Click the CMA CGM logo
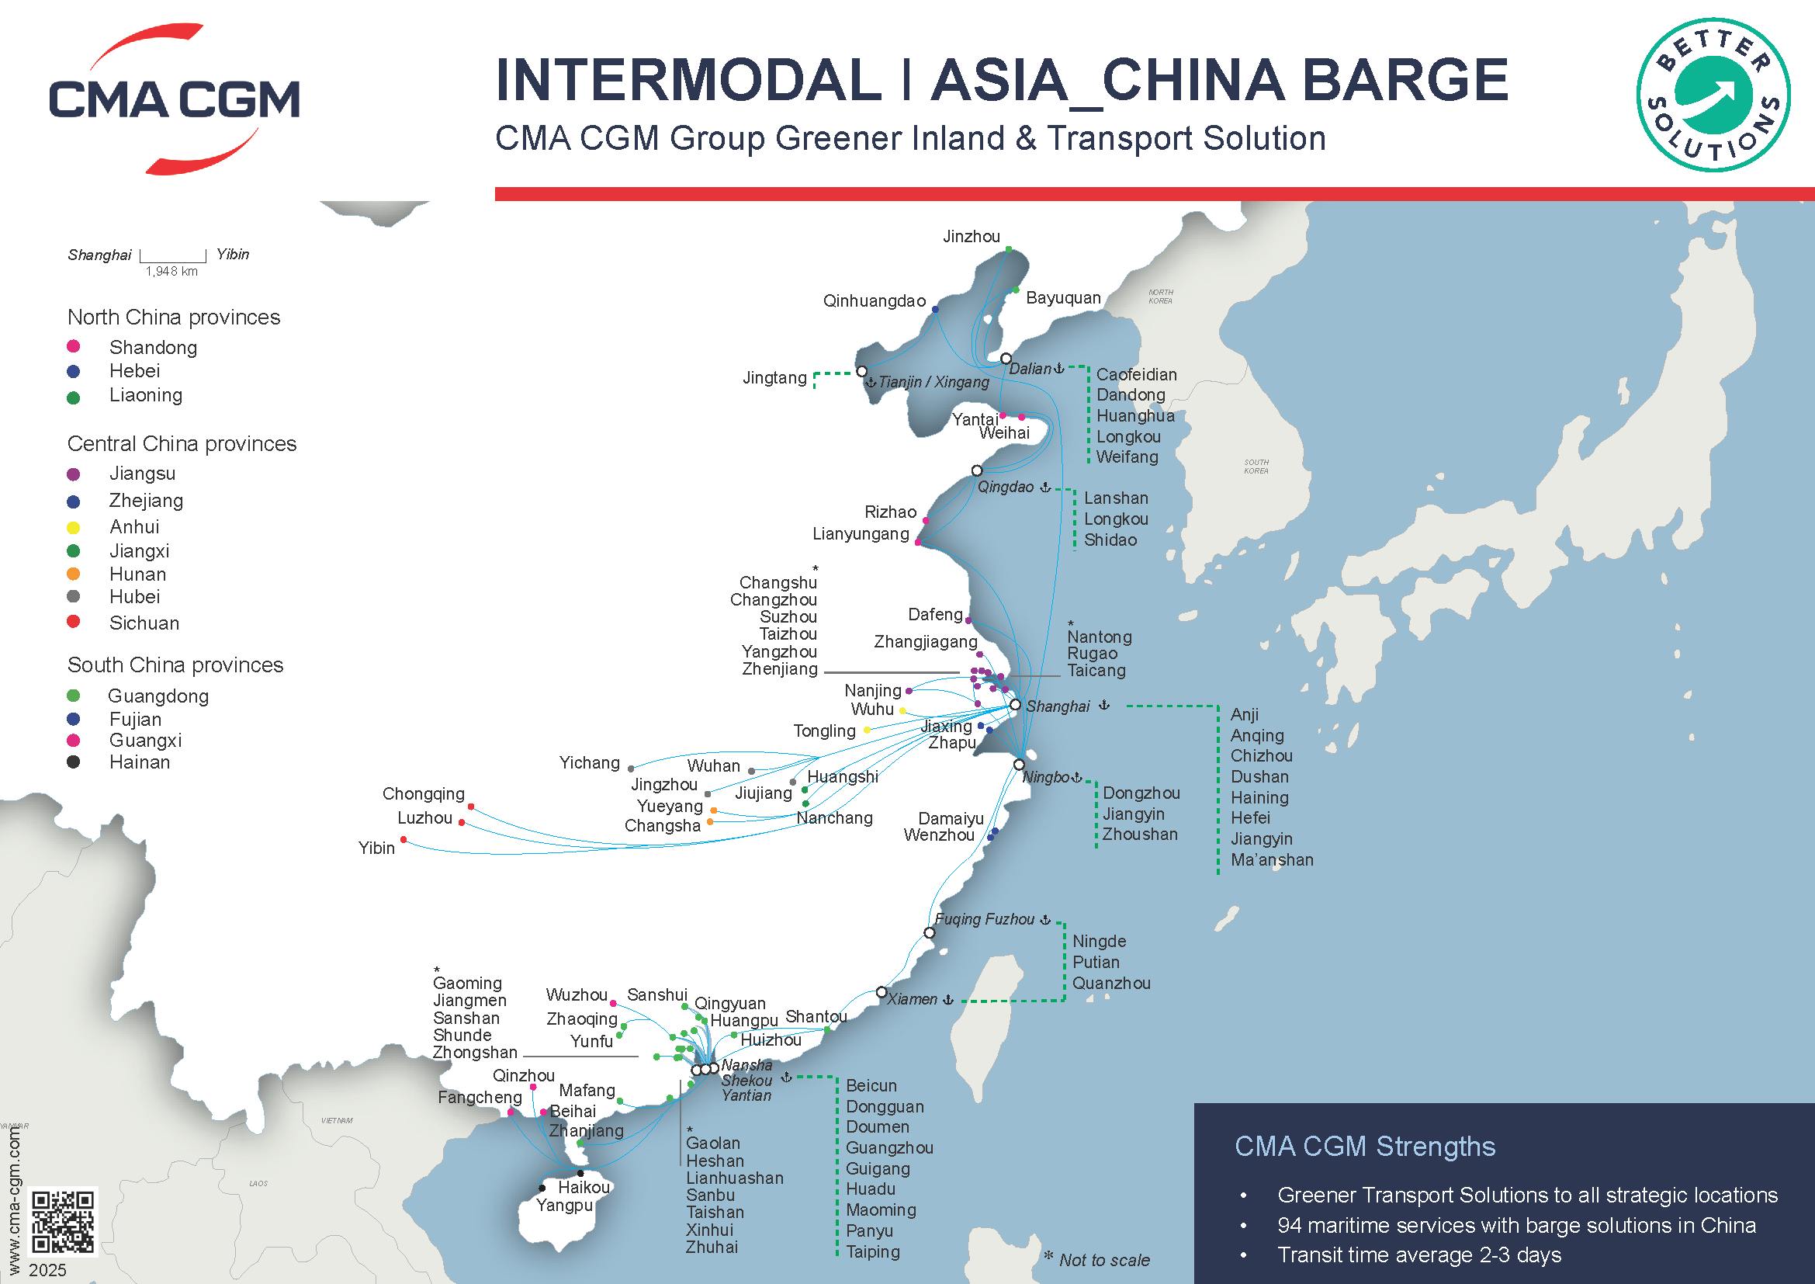click(x=174, y=99)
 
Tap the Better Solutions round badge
click(x=1713, y=95)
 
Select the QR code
click(x=62, y=1223)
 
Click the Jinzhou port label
click(x=971, y=237)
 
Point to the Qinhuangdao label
click(x=874, y=301)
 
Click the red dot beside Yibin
click(x=404, y=840)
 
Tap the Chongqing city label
click(x=423, y=794)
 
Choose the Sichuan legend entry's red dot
click(x=74, y=622)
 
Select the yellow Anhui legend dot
click(x=74, y=527)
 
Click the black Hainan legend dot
click(x=74, y=762)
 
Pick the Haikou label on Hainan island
click(x=584, y=1188)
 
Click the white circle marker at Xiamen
click(x=882, y=992)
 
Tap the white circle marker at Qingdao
click(x=977, y=470)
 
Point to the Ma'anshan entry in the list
click(x=1271, y=860)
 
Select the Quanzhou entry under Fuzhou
click(x=1110, y=984)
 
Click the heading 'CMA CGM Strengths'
click(x=1364, y=1147)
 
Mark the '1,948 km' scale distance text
click(x=171, y=272)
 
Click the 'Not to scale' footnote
click(x=1103, y=1260)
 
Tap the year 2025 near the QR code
click(x=47, y=1270)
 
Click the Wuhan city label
click(x=713, y=766)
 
